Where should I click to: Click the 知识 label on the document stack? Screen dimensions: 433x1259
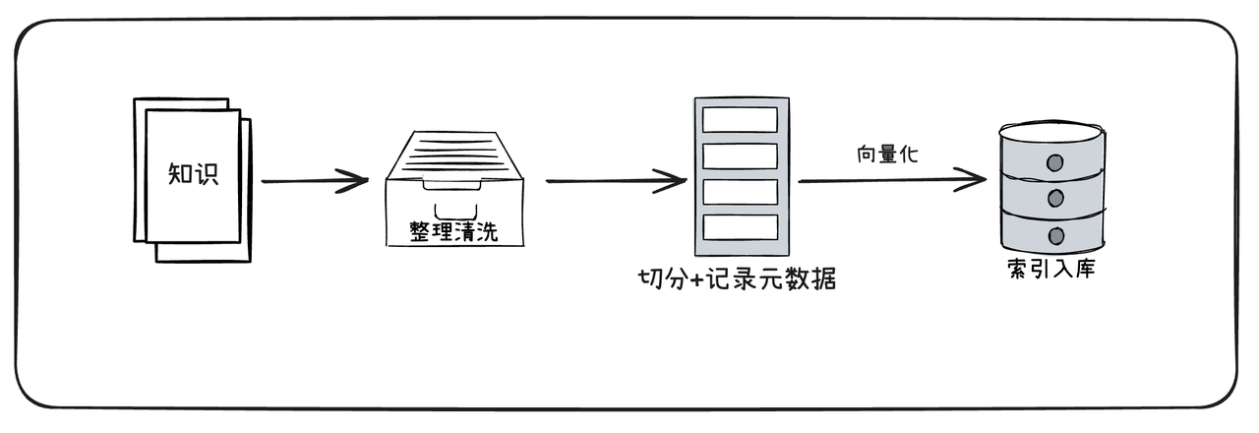[192, 174]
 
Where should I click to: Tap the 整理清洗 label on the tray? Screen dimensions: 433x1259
[453, 232]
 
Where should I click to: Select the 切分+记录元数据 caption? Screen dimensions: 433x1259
[737, 278]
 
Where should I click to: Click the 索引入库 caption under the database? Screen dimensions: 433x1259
[1050, 269]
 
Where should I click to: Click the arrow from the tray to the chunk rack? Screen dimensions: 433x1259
[615, 181]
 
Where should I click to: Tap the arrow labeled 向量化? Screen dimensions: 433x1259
[891, 180]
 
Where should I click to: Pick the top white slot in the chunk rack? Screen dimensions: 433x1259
[740, 119]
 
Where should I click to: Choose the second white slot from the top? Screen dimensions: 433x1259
[740, 155]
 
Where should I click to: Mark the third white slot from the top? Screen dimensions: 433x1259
[740, 191]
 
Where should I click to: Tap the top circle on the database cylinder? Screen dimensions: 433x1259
[1055, 162]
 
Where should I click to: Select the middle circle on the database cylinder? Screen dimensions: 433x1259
[1055, 198]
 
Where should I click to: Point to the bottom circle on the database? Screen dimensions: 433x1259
[1055, 235]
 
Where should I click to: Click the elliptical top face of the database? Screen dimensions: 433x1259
[1051, 132]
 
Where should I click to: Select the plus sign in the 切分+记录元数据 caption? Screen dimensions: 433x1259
[695, 279]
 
